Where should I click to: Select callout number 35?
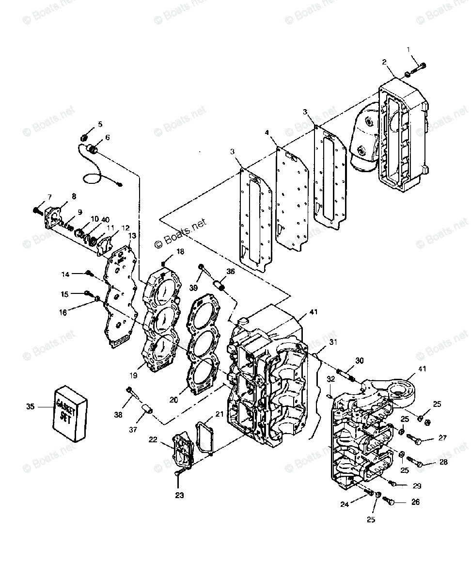click(x=31, y=407)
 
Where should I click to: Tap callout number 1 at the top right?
click(x=408, y=49)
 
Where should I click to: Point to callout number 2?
click(x=384, y=62)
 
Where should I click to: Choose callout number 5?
click(x=100, y=124)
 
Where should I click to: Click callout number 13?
click(x=132, y=235)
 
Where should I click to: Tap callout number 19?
click(x=133, y=375)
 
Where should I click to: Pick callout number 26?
click(x=415, y=502)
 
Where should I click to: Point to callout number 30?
click(x=359, y=361)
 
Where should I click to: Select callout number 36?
click(x=230, y=272)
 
